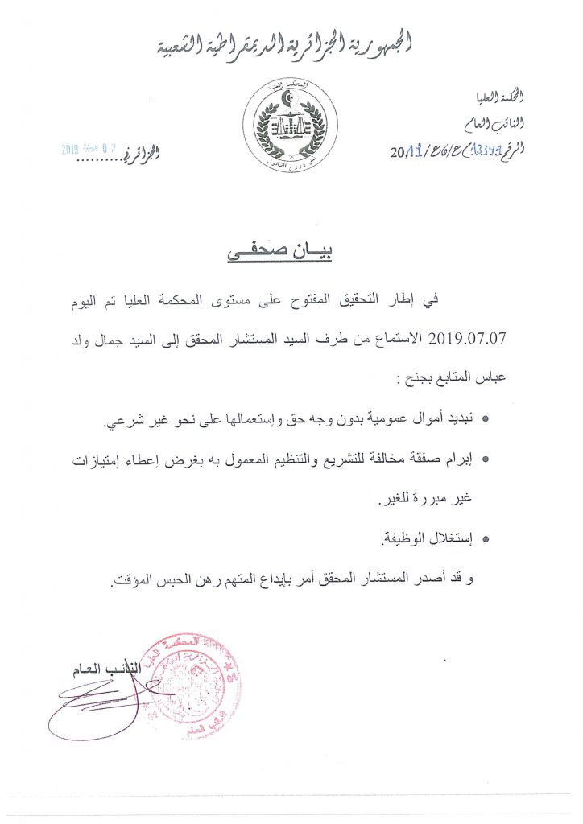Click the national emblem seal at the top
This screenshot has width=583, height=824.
(x=285, y=127)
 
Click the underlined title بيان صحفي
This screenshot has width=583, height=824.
(x=279, y=251)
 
